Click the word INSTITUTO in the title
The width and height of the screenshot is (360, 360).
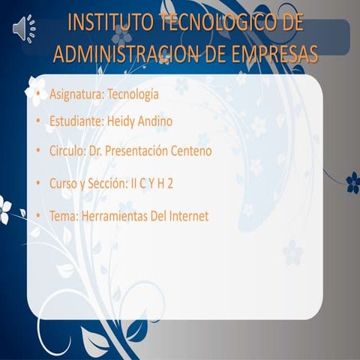pyautogui.click(x=110, y=23)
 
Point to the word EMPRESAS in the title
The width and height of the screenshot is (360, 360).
pyautogui.click(x=271, y=53)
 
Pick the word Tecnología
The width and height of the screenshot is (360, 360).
pyautogui.click(x=133, y=94)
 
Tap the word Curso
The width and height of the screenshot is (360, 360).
pyautogui.click(x=63, y=183)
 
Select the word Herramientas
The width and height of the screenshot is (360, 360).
pyautogui.click(x=112, y=216)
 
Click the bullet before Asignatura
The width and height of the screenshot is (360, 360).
pyautogui.click(x=37, y=95)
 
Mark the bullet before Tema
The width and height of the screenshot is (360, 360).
pyautogui.click(x=37, y=217)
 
